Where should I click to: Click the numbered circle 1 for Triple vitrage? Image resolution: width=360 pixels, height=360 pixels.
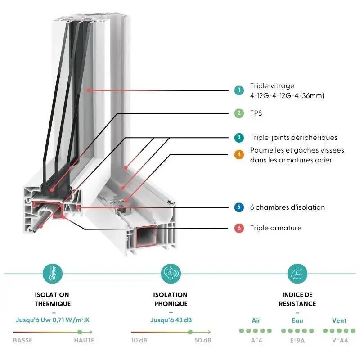239,90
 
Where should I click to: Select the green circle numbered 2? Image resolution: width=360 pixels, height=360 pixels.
239,113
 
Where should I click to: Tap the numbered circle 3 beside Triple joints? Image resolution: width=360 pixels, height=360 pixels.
239,138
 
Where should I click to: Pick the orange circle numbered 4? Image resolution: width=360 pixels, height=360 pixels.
239,155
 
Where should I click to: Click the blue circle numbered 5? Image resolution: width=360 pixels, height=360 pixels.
239,207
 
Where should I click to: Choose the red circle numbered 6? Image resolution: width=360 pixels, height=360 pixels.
239,228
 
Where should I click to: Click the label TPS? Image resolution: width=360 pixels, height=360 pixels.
256,113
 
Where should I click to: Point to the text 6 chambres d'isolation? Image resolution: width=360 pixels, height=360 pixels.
287,207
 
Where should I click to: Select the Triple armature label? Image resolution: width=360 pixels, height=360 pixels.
275,228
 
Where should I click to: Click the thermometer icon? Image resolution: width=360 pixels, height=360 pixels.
53,273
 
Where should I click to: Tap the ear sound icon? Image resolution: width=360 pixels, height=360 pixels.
171,273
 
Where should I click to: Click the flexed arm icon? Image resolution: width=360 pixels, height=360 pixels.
297,273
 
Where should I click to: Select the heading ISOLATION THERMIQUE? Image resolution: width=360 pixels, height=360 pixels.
53,299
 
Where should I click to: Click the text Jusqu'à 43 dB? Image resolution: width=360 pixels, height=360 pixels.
171,320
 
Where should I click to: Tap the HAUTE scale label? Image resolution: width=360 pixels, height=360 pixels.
84,340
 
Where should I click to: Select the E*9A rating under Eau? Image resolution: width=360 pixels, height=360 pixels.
297,340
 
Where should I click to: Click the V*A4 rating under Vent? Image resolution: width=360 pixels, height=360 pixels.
340,340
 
